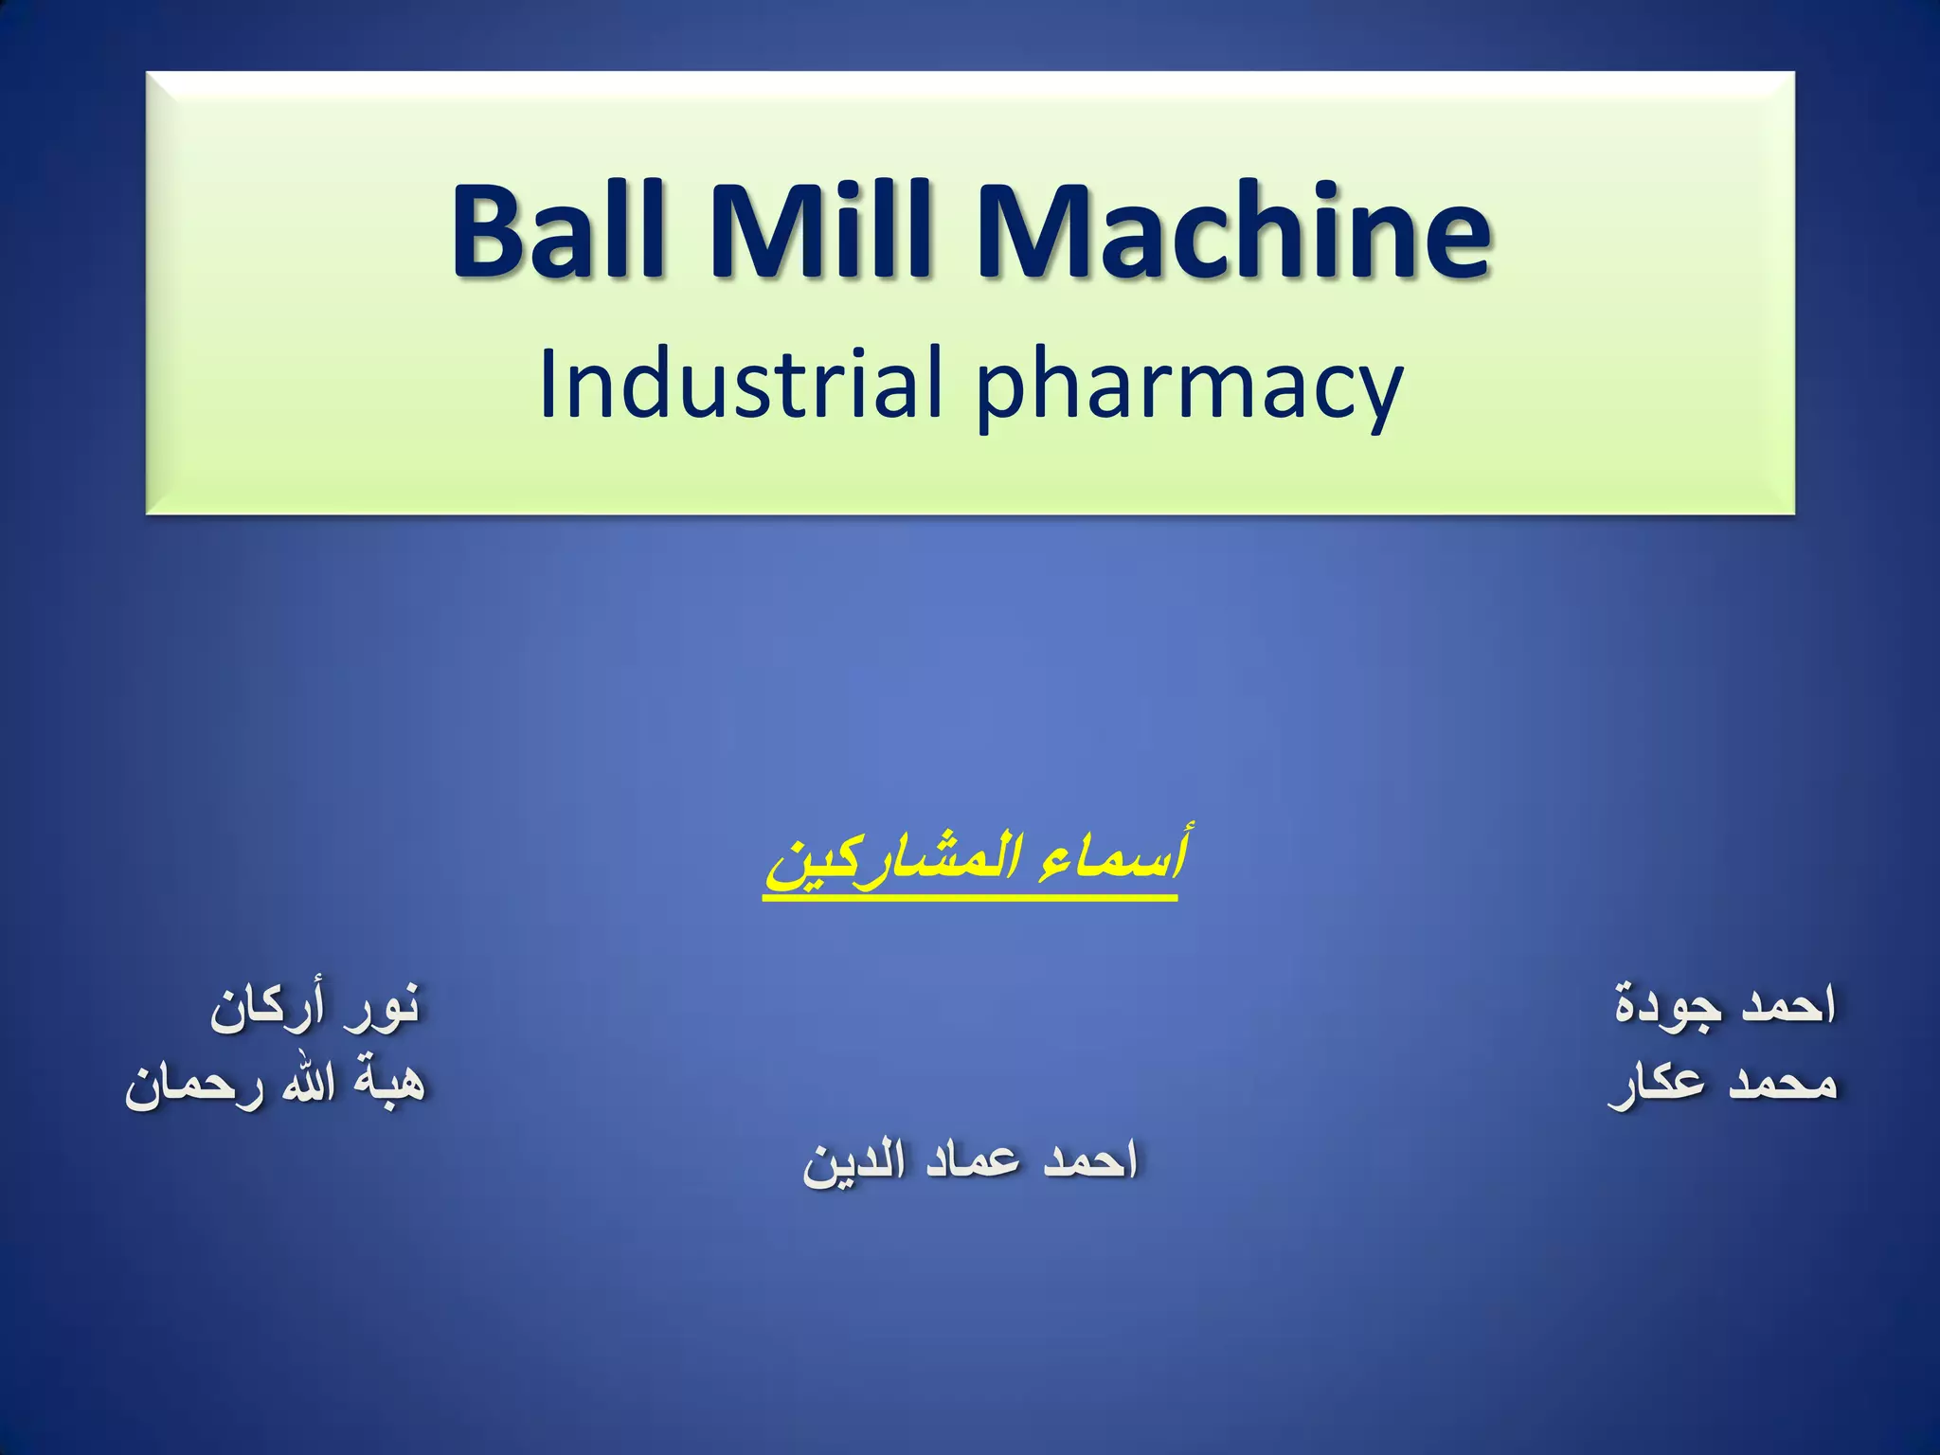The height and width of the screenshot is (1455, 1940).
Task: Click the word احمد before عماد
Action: pos(1089,1160)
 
